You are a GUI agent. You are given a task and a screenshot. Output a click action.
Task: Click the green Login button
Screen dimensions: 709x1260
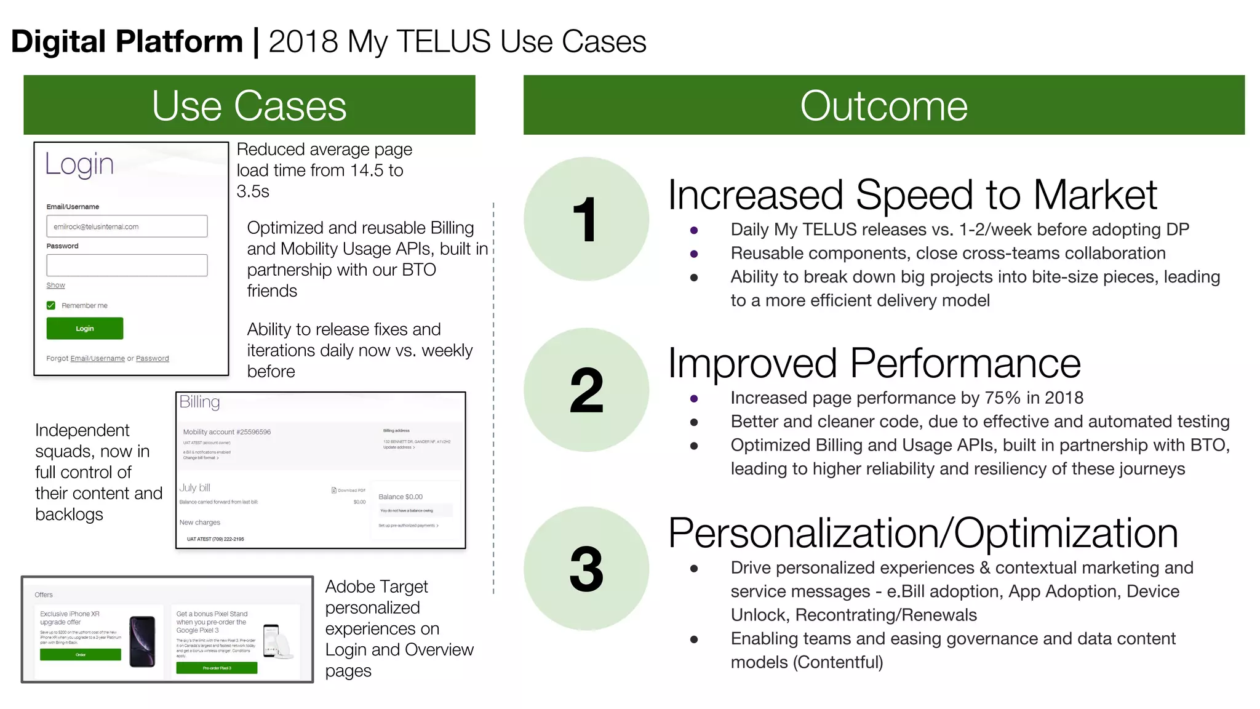[85, 328]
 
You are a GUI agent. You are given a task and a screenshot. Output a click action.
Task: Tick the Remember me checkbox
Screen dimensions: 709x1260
[51, 305]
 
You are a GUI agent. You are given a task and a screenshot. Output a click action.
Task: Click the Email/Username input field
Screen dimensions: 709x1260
[127, 226]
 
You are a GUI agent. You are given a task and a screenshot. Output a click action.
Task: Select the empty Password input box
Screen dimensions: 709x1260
[127, 265]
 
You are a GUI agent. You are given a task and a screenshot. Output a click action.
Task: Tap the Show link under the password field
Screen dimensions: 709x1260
[55, 285]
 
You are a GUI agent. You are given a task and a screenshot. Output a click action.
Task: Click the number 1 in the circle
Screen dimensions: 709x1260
[585, 220]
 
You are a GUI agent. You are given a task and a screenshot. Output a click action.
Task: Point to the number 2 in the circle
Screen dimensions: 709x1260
[586, 390]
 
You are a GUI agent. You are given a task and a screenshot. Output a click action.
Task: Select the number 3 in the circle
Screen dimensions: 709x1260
[586, 569]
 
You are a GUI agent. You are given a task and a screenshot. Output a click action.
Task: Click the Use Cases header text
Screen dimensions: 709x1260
[249, 106]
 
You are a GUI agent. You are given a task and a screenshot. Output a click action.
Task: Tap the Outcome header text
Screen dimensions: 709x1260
[883, 106]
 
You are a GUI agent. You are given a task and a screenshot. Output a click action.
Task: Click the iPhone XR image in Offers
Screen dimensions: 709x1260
[143, 641]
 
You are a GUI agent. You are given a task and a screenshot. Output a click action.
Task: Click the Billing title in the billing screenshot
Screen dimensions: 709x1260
[199, 403]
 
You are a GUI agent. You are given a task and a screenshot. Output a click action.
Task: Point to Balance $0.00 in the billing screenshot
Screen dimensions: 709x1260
[401, 497]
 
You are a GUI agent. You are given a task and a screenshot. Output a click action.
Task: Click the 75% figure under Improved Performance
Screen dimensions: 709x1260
[1002, 398]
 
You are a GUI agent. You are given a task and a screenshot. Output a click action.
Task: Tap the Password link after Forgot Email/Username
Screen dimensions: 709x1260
[152, 358]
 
